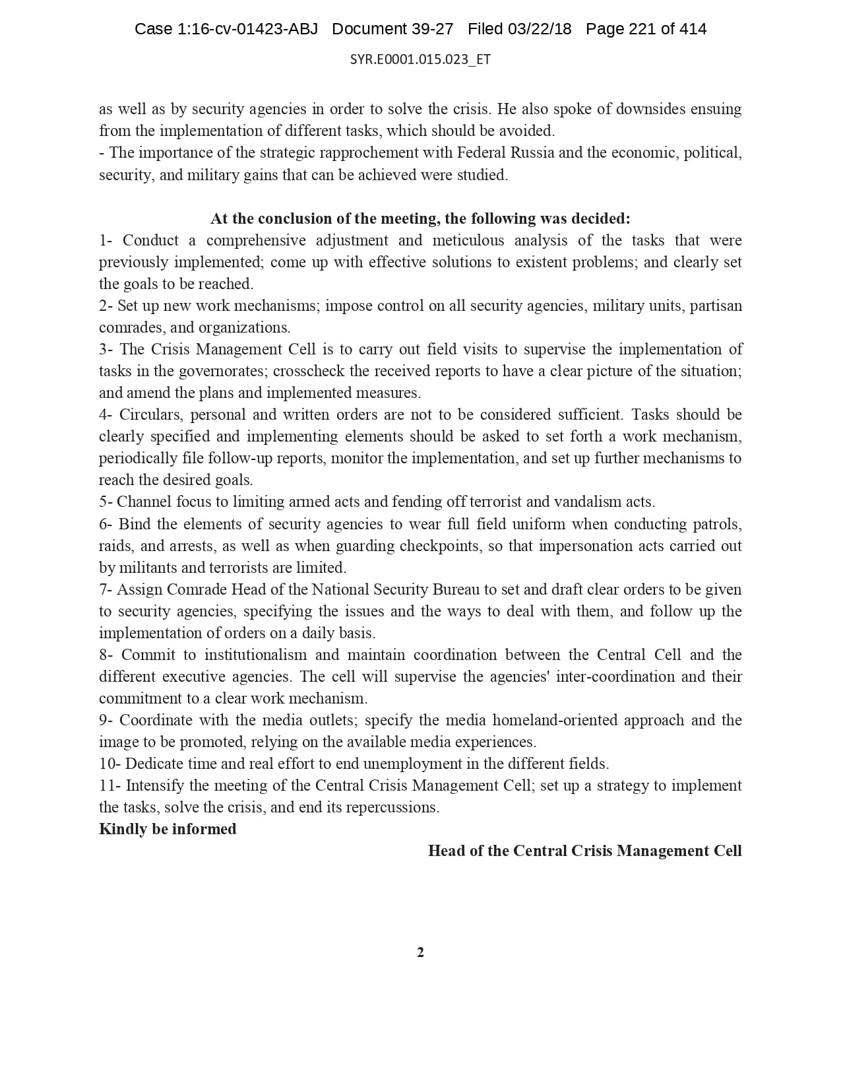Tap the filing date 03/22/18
point(540,29)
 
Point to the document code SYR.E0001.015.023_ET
point(420,59)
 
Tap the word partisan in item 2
point(716,306)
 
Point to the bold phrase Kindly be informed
point(168,829)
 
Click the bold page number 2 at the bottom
point(420,952)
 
